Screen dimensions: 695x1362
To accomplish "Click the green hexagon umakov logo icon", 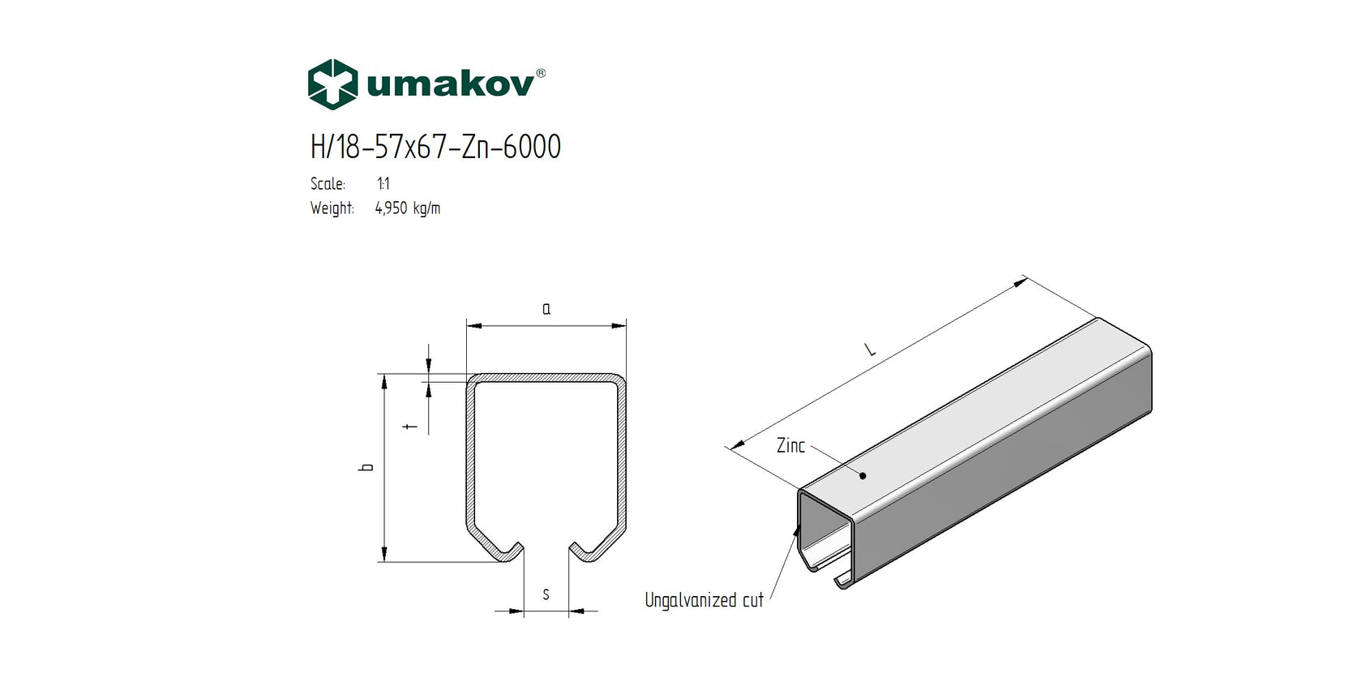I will (x=332, y=84).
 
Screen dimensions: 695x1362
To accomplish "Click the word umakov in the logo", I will (x=450, y=84).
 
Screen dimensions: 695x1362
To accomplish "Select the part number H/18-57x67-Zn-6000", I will (x=435, y=147).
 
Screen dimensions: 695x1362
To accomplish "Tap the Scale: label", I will (x=328, y=184).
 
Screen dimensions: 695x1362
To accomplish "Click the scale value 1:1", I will (x=383, y=184).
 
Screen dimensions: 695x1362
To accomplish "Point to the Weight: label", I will (x=332, y=208).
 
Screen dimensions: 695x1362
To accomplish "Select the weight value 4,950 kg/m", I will (x=408, y=208).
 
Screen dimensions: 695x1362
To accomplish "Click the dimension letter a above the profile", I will (x=546, y=309).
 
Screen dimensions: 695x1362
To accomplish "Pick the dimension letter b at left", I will (x=367, y=467).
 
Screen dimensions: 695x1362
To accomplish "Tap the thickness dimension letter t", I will (x=411, y=425).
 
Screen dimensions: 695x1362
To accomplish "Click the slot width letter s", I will (x=546, y=595).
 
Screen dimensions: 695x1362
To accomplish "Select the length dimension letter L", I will (x=870, y=350).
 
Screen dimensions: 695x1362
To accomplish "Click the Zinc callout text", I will (x=790, y=445).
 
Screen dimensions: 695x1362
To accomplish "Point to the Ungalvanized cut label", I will (x=704, y=600).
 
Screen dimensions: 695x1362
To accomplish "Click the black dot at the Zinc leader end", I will (x=863, y=476).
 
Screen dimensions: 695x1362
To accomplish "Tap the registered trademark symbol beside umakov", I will (x=541, y=73).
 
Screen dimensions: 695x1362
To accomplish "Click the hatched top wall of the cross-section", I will (x=546, y=378).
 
